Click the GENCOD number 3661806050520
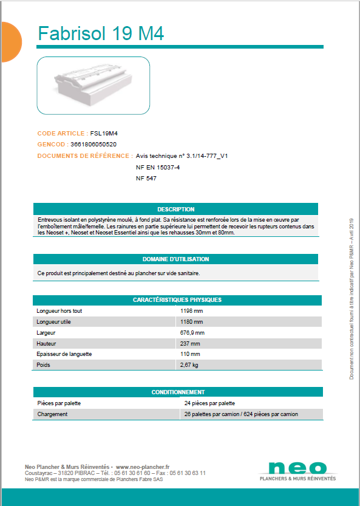click(x=93, y=145)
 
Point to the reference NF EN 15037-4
click(x=158, y=167)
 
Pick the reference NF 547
click(x=146, y=179)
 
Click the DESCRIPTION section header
click(x=175, y=209)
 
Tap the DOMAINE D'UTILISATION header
click(x=175, y=259)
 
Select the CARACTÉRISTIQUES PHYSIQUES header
click(x=177, y=300)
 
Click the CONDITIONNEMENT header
click(x=178, y=392)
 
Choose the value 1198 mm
click(x=192, y=310)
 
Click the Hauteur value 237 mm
click(x=190, y=343)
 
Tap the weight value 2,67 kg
click(x=189, y=365)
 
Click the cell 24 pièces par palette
click(x=209, y=403)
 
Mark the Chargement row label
click(x=52, y=414)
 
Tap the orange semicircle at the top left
click(x=10, y=42)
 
